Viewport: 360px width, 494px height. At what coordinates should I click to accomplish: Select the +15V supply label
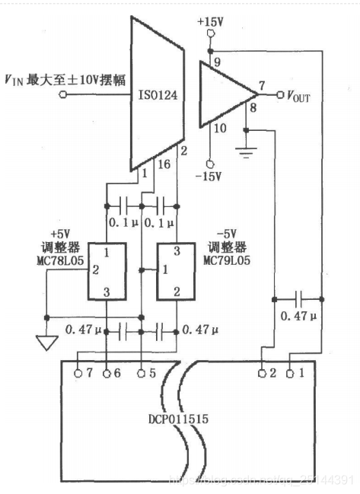pyautogui.click(x=210, y=22)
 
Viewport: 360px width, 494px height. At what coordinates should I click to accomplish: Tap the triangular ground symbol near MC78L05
pyautogui.click(x=46, y=343)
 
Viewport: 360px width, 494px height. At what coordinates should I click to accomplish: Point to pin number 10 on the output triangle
pyautogui.click(x=220, y=129)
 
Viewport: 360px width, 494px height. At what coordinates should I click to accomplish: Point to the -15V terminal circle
pyautogui.click(x=210, y=163)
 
